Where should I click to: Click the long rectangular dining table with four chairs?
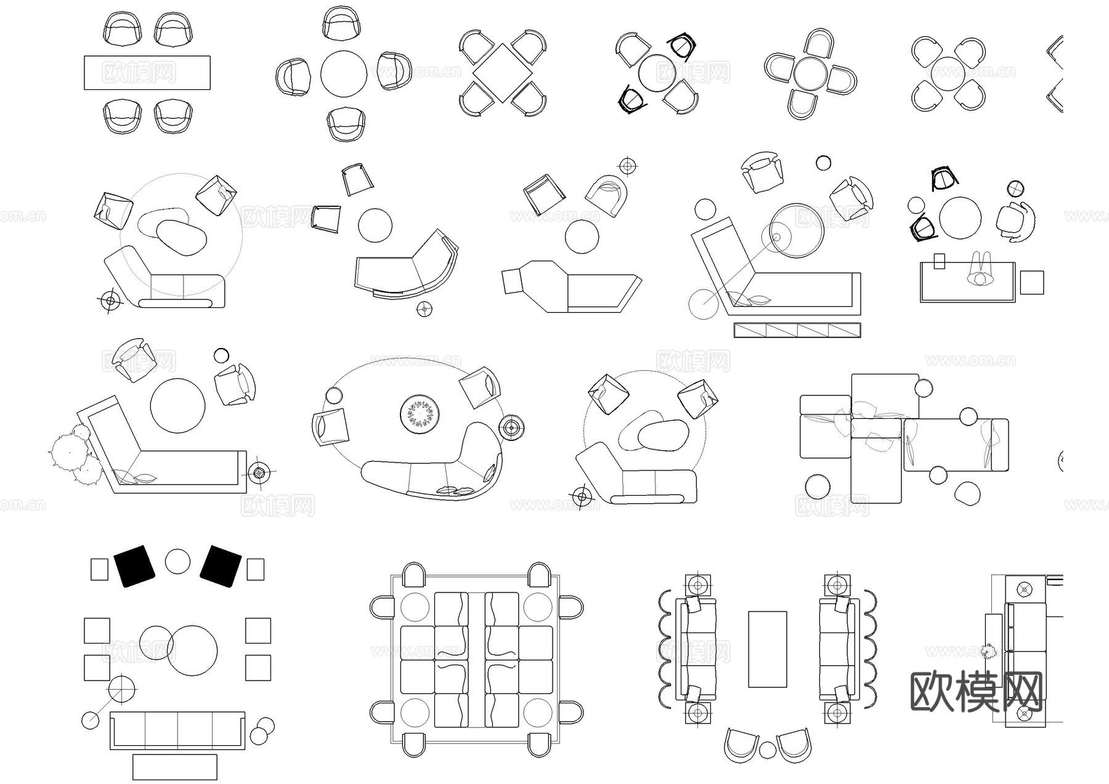147,73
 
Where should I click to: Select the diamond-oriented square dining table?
502,73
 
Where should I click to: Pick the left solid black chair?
134,565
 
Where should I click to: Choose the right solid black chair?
221,565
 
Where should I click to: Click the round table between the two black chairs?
177,562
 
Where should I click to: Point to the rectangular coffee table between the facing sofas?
767,649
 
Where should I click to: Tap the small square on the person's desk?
939,261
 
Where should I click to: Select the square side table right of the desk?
1031,283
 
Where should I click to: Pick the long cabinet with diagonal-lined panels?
797,330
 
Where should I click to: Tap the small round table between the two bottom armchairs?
767,750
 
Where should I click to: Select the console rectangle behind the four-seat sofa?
174,767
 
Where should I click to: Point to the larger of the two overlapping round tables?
192,650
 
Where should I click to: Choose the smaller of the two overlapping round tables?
154,642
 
